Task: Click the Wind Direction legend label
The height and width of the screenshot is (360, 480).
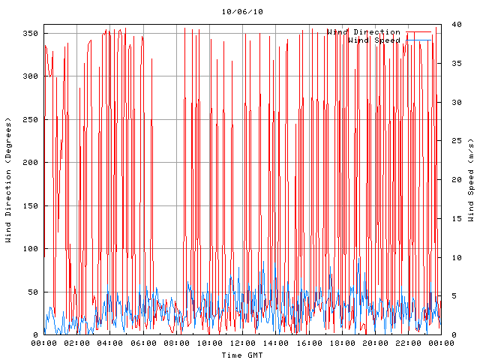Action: (x=364, y=32)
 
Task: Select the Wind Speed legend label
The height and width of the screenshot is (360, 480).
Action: (x=374, y=40)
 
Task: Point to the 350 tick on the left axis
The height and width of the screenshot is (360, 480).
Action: (x=29, y=34)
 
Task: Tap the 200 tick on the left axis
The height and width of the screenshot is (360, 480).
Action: (x=29, y=163)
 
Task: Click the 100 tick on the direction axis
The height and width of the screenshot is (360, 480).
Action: (x=29, y=249)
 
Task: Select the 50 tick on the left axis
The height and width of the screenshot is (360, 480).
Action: (x=32, y=292)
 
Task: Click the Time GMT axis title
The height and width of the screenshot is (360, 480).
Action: (x=241, y=355)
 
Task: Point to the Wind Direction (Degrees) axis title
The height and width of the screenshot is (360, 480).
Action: (x=8, y=180)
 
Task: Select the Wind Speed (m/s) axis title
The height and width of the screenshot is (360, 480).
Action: (x=471, y=180)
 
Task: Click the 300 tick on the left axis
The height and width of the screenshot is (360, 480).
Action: (x=29, y=76)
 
